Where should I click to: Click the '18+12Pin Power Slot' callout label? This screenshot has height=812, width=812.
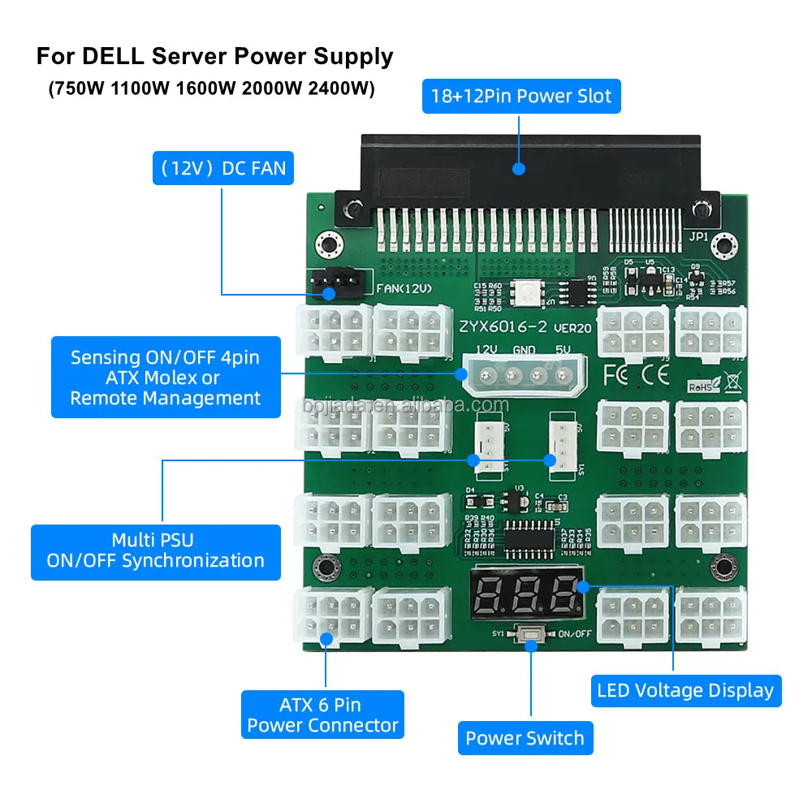click(x=521, y=97)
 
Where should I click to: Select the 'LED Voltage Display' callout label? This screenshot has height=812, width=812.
click(x=685, y=690)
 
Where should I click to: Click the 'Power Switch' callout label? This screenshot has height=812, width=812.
click(x=525, y=738)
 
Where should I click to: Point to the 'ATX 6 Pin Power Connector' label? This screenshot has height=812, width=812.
click(x=322, y=715)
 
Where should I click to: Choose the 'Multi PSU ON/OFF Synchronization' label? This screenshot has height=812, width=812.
click(x=155, y=550)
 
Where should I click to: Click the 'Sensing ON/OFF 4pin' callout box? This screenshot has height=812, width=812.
click(x=166, y=378)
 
